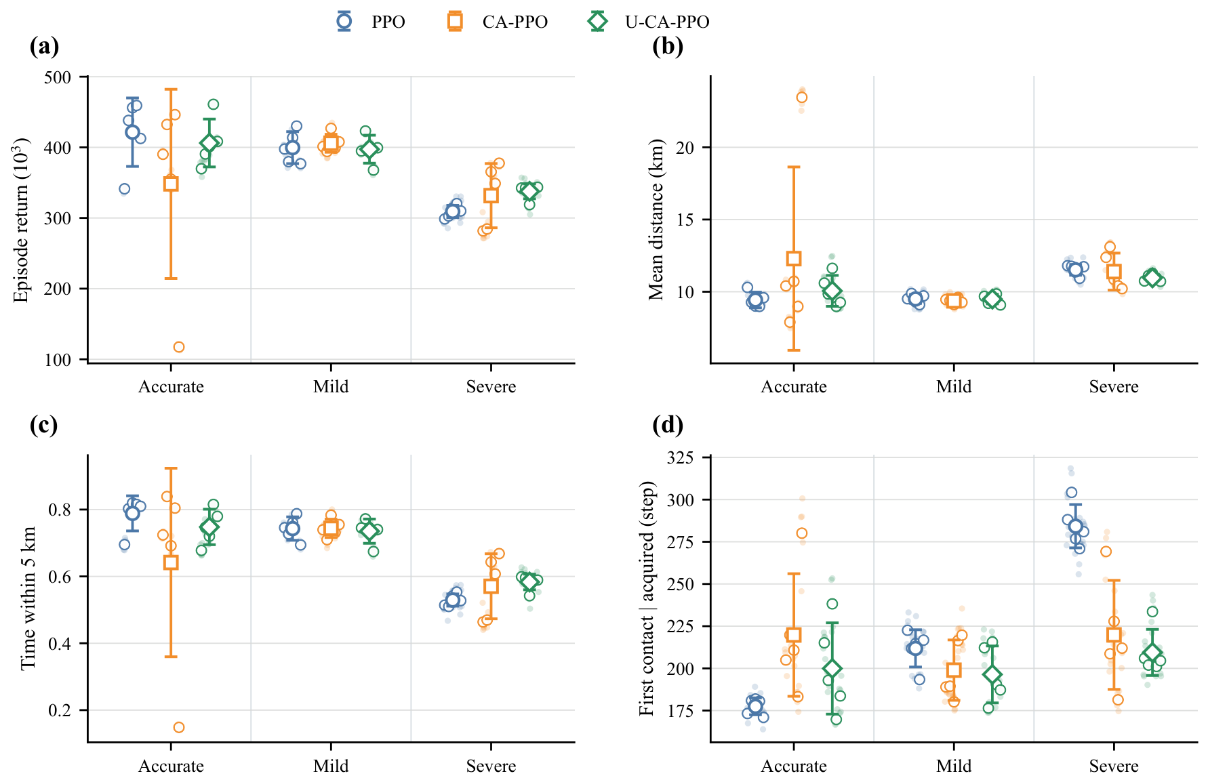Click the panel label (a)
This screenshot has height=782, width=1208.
(x=45, y=46)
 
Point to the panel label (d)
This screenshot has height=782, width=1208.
(x=668, y=425)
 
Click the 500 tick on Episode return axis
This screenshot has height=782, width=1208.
(x=58, y=77)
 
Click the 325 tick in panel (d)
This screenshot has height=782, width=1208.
(x=681, y=458)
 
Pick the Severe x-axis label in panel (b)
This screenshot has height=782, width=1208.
(x=1114, y=387)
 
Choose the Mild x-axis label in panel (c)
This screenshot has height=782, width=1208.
(x=331, y=766)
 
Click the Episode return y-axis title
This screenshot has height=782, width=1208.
(x=22, y=220)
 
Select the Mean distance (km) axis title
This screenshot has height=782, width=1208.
(x=656, y=220)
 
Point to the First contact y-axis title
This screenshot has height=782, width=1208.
(x=647, y=598)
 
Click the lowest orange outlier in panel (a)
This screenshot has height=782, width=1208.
(x=179, y=347)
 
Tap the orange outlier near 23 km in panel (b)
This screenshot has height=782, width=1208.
(x=802, y=98)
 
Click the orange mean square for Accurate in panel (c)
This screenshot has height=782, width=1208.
(x=171, y=562)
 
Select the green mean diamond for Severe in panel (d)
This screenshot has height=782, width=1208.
(x=1152, y=653)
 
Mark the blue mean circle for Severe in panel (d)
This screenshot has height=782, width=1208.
(x=1075, y=527)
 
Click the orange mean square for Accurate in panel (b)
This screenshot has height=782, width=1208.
(x=794, y=258)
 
